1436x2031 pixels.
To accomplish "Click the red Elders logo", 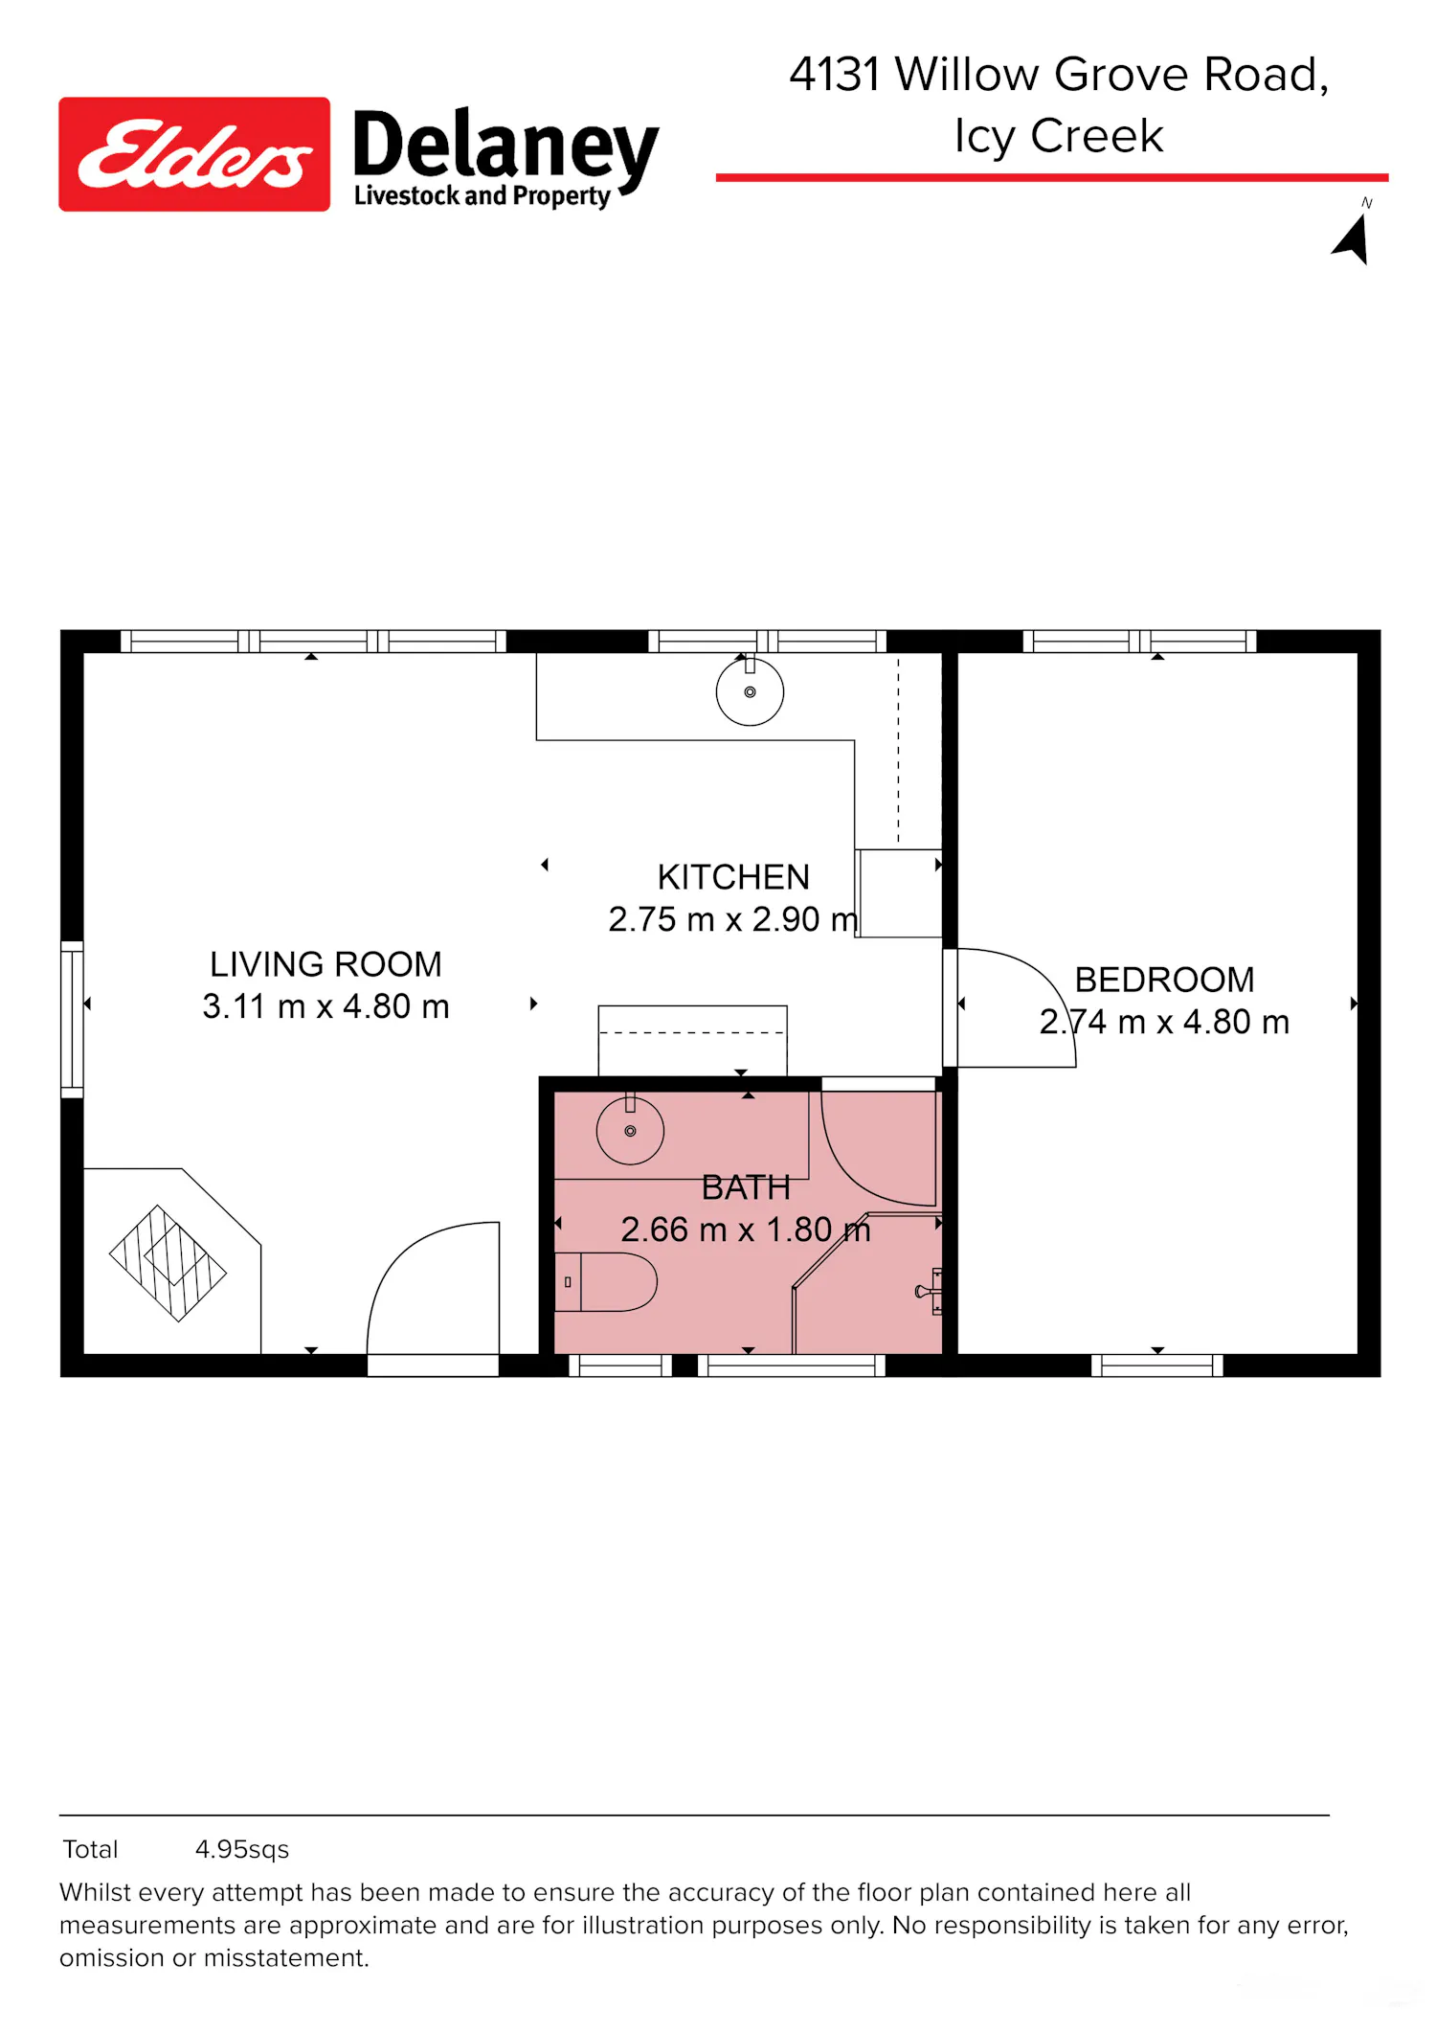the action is (x=194, y=154).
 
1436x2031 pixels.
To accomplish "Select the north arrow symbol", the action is (x=1352, y=237).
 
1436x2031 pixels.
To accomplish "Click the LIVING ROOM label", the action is (x=325, y=964).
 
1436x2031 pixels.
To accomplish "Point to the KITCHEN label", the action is (x=733, y=877).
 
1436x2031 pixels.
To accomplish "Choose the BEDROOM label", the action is (x=1164, y=980).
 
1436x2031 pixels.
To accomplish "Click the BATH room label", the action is (x=746, y=1187).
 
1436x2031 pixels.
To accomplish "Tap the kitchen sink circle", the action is (x=750, y=692).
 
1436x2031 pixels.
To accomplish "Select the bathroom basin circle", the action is (x=630, y=1131).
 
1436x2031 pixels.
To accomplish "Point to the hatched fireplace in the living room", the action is (x=168, y=1263).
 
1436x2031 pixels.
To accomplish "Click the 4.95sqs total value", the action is (x=242, y=1849).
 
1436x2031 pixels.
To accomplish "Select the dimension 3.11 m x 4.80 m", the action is (x=325, y=1006).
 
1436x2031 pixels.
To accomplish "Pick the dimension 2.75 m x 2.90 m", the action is (x=733, y=919).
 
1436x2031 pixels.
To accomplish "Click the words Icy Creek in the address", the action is (x=1059, y=136).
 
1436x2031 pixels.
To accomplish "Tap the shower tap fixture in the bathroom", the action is (x=930, y=1291).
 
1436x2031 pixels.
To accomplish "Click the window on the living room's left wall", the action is (x=72, y=1019).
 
